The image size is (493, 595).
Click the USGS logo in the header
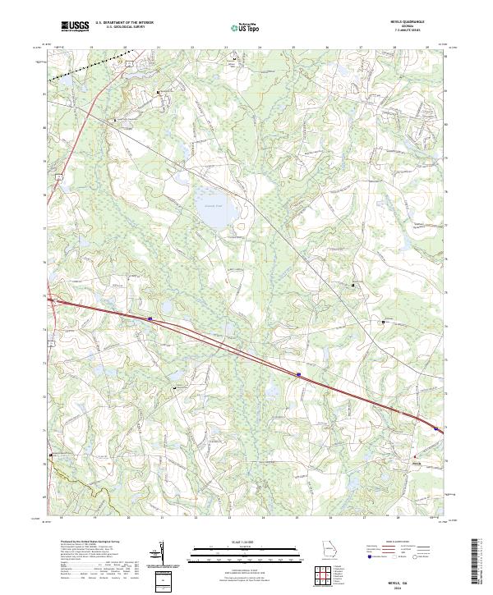point(75,26)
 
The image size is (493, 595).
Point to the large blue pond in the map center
point(214,208)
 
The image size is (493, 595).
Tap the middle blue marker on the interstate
point(299,374)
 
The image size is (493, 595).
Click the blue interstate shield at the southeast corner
point(435,427)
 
